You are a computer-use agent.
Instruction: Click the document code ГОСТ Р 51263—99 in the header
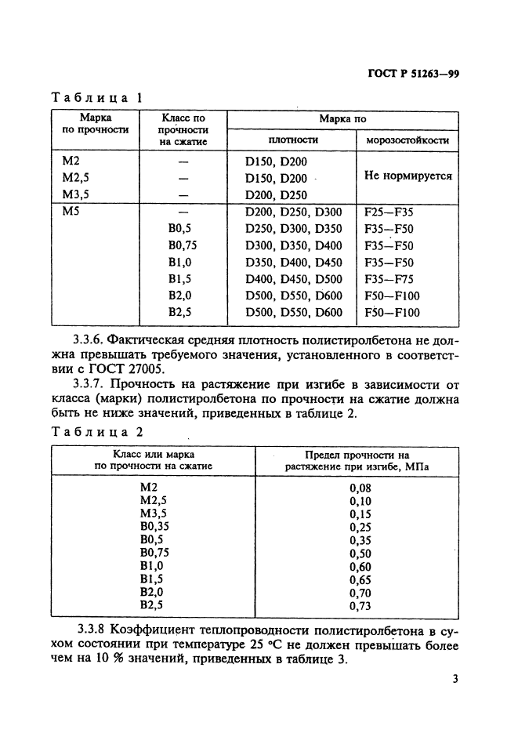coord(413,75)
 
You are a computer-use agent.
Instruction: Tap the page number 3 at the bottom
coord(455,679)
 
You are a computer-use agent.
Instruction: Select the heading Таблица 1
coord(96,99)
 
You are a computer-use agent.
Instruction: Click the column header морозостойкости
coord(408,140)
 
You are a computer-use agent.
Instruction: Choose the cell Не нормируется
coord(408,176)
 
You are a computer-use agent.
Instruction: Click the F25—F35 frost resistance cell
coord(389,212)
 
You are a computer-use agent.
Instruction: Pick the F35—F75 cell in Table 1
coord(389,279)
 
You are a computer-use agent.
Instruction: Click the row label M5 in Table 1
coord(71,212)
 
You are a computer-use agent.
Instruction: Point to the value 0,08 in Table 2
coord(359,488)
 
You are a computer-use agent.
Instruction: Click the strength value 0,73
coord(359,605)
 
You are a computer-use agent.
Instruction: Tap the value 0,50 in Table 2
coord(359,553)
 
